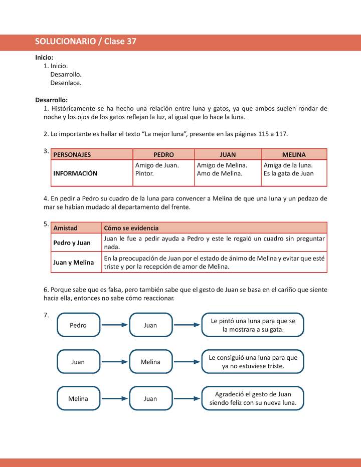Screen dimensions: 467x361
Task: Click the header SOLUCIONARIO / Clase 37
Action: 86,42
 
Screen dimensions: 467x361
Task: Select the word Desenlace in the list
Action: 66,83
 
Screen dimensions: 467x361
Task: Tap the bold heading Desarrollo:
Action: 52,100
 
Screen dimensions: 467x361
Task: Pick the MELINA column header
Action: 294,155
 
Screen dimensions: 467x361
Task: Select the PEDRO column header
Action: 163,155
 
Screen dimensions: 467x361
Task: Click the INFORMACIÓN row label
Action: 75,173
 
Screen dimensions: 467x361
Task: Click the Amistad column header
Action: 66,228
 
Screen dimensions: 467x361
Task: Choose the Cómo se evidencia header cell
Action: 131,228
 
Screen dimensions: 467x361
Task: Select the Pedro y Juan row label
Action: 72,243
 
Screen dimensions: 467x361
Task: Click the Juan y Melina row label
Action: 73,262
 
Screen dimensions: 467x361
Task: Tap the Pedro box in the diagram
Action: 78,325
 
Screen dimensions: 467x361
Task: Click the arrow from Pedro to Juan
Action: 115,325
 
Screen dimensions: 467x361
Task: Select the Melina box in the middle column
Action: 150,362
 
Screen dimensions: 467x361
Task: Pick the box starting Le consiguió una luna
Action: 253,362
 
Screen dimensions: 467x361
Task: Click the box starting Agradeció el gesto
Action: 253,398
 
